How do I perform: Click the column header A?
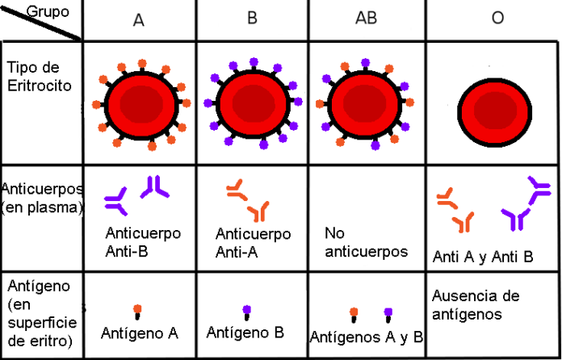click(139, 20)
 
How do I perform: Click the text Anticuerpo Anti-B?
click(143, 241)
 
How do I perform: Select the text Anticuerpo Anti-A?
click(253, 241)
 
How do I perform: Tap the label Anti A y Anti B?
click(483, 257)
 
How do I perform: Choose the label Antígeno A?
click(139, 332)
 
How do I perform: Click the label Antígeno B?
click(245, 332)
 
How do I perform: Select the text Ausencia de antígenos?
click(476, 304)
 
